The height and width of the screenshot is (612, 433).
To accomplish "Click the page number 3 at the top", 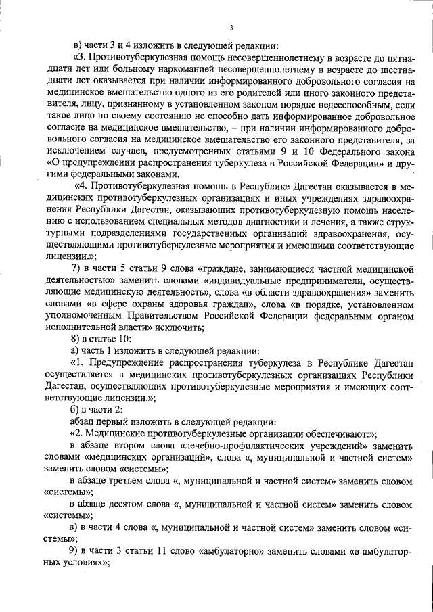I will point(231,28).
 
